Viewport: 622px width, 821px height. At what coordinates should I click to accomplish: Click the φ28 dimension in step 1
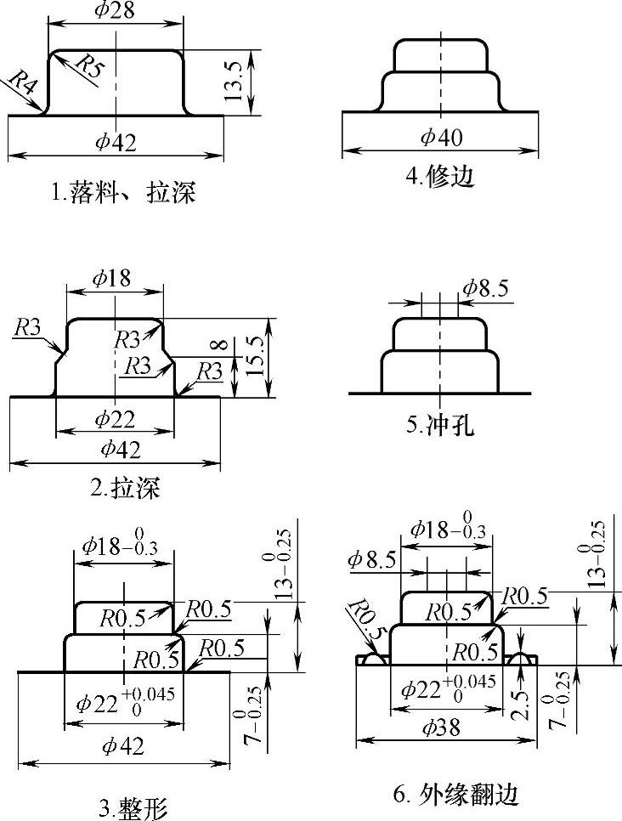tap(115, 11)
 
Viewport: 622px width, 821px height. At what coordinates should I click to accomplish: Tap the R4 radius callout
tap(21, 85)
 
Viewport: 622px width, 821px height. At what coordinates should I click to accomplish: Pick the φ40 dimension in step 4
tap(440, 137)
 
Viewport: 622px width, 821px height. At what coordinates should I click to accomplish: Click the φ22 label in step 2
tap(115, 418)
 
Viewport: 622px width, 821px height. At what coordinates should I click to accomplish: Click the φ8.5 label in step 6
tap(371, 560)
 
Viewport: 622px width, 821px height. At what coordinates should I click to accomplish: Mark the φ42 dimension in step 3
tap(122, 746)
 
